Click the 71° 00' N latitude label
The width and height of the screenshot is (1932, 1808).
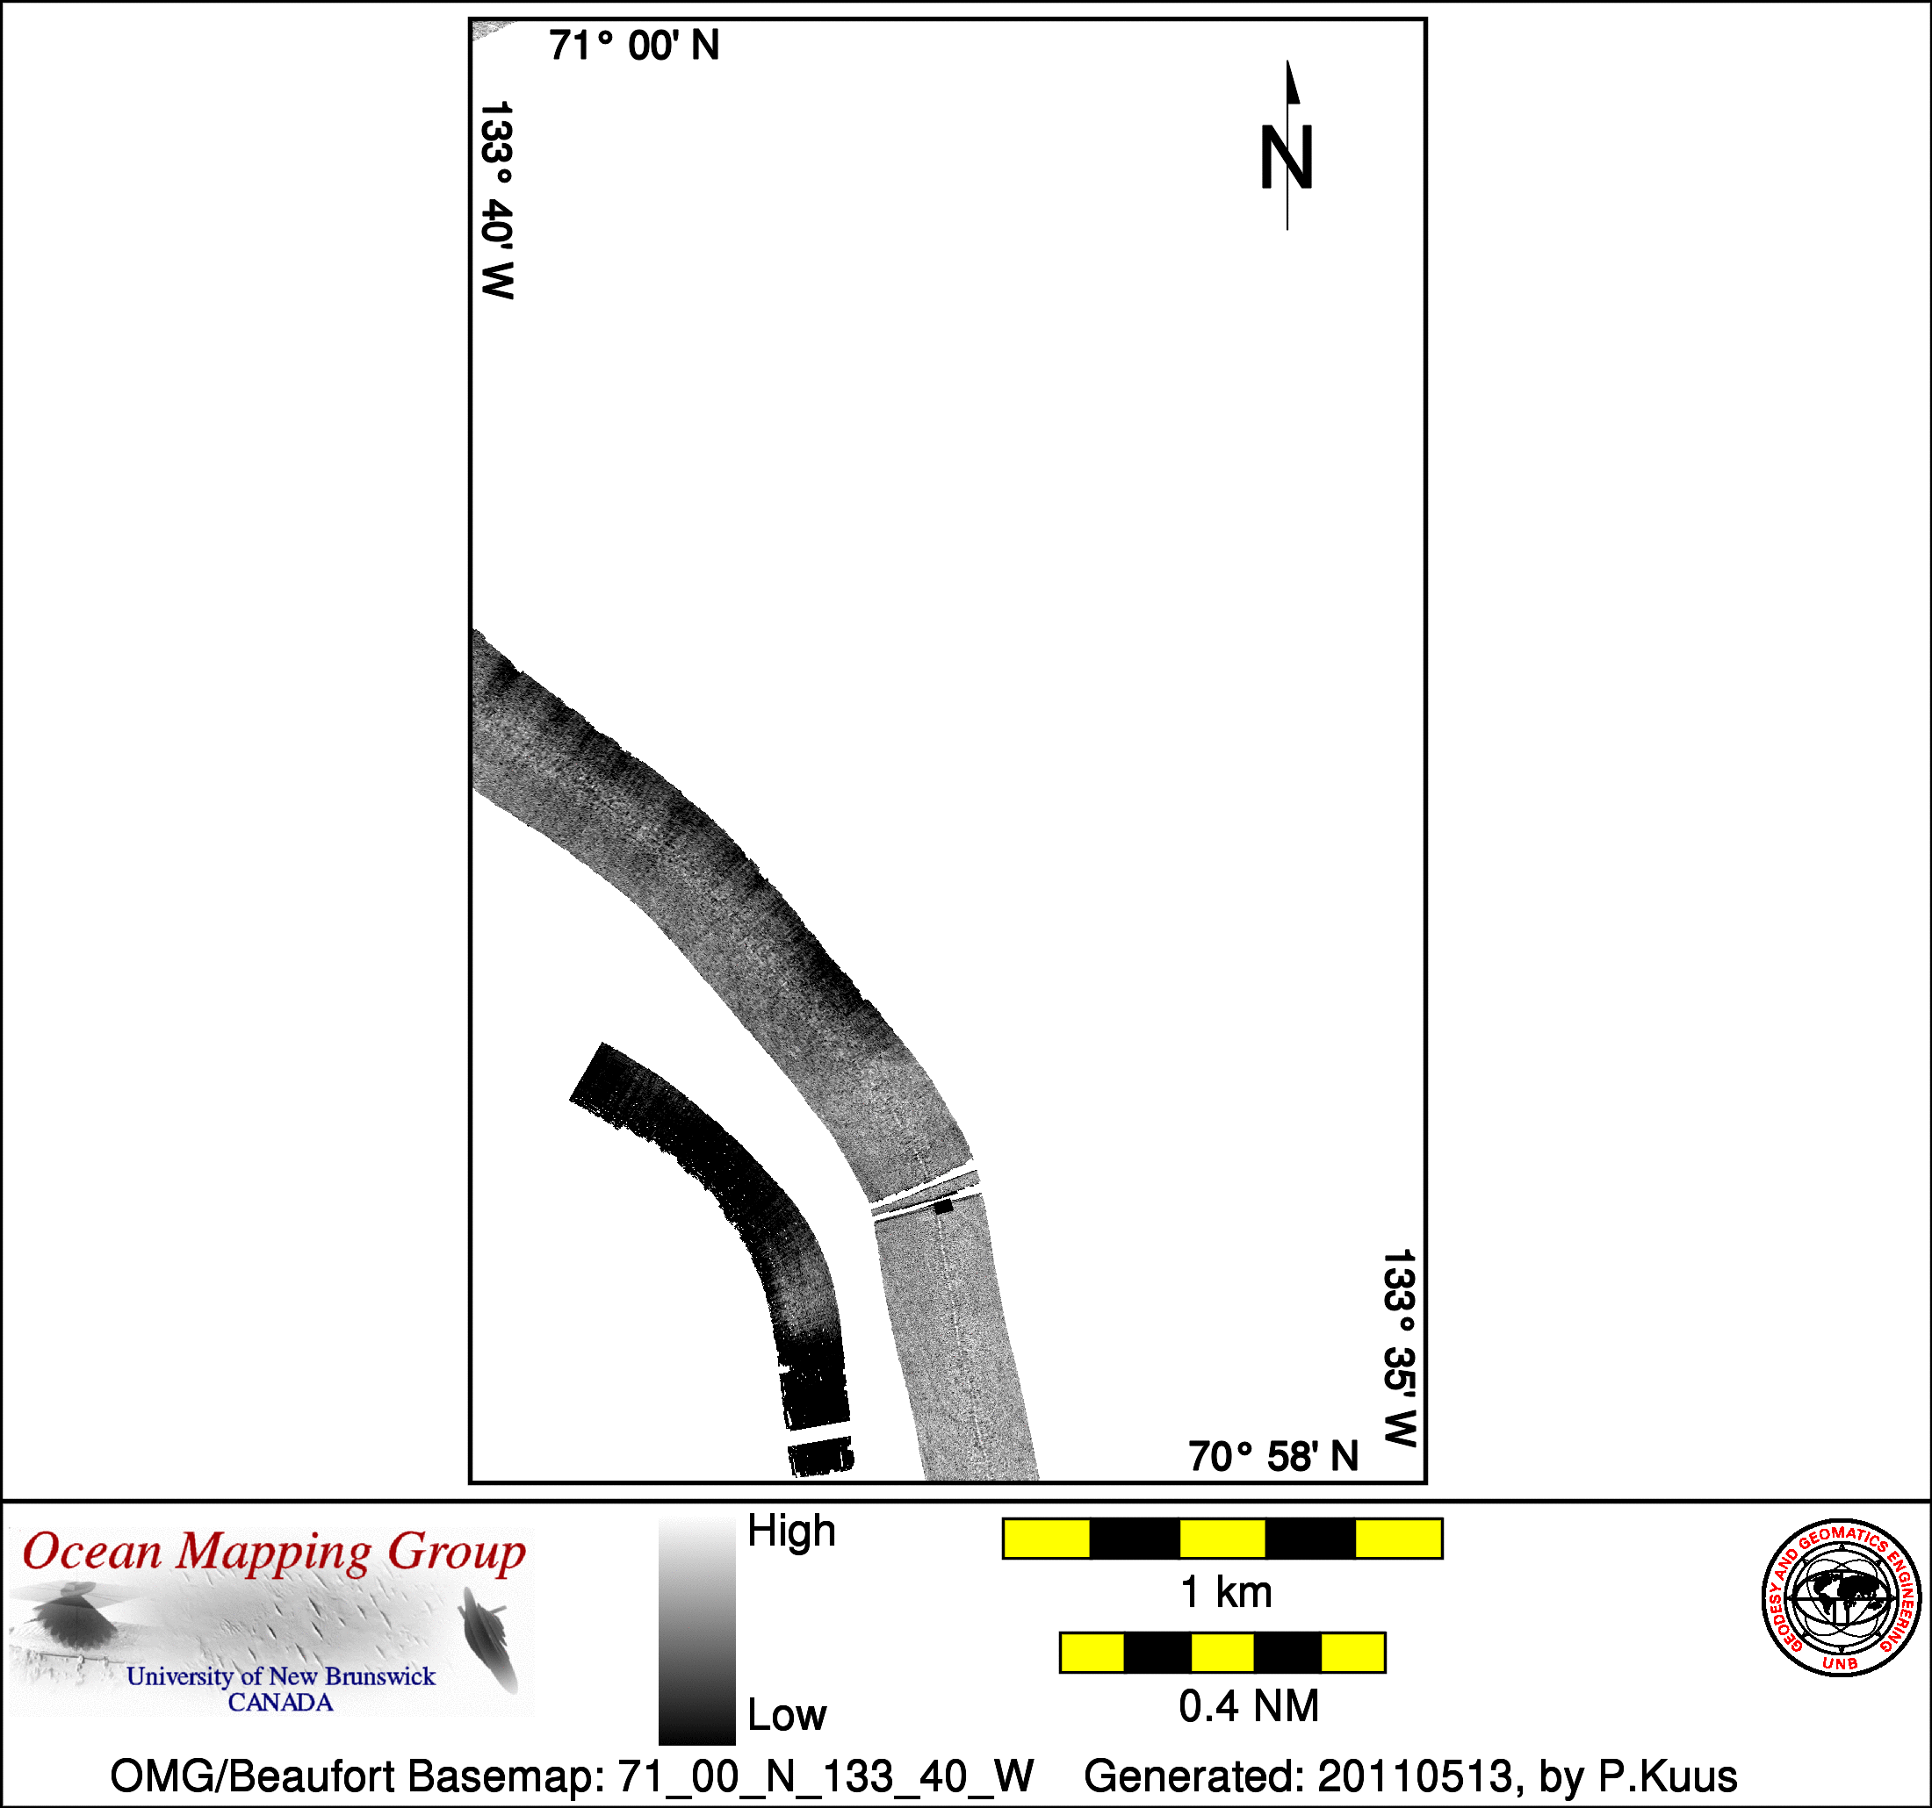[634, 46]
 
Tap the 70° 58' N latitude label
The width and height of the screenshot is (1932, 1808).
[1273, 1456]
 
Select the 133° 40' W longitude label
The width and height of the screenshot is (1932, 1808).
[496, 200]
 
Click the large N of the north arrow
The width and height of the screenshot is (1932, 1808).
[1287, 157]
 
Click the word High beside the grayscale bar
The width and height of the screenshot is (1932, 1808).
[791, 1532]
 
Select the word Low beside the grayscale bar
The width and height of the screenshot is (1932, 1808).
[786, 1715]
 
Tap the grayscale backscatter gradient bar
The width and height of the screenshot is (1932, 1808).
[696, 1632]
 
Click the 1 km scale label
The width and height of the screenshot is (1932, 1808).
[1225, 1592]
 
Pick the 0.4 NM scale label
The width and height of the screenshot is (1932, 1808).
[1249, 1706]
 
